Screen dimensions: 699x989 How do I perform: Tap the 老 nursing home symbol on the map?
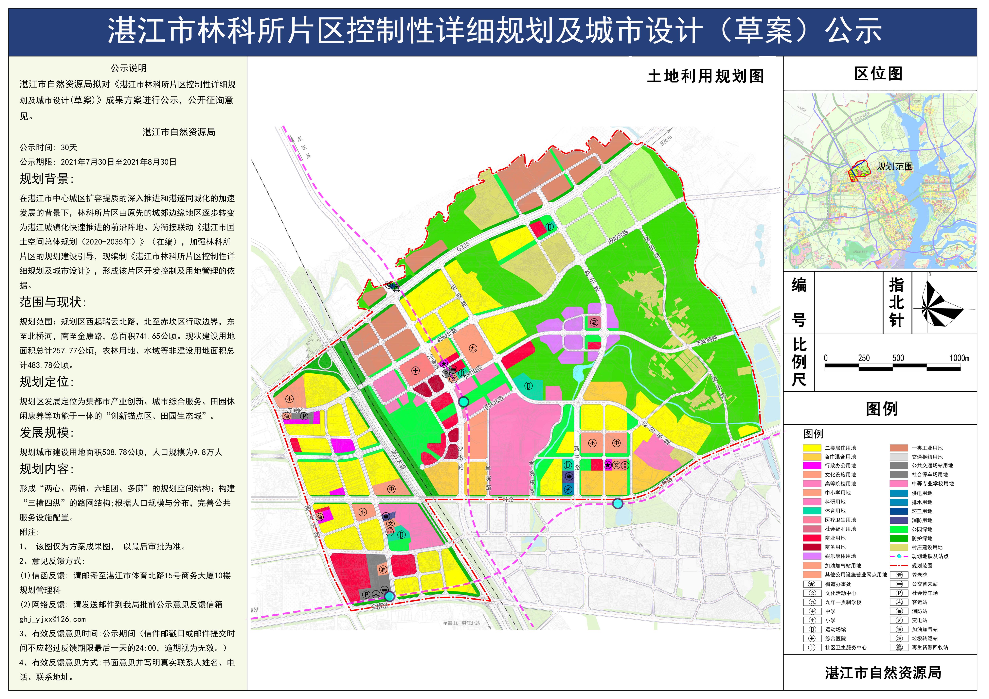coord(594,322)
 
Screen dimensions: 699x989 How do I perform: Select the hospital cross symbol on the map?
coord(415,371)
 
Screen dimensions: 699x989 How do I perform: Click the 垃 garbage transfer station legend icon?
coord(899,638)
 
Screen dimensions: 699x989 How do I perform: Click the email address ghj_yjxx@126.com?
coord(53,619)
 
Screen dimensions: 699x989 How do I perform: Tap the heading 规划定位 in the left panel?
coord(46,382)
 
